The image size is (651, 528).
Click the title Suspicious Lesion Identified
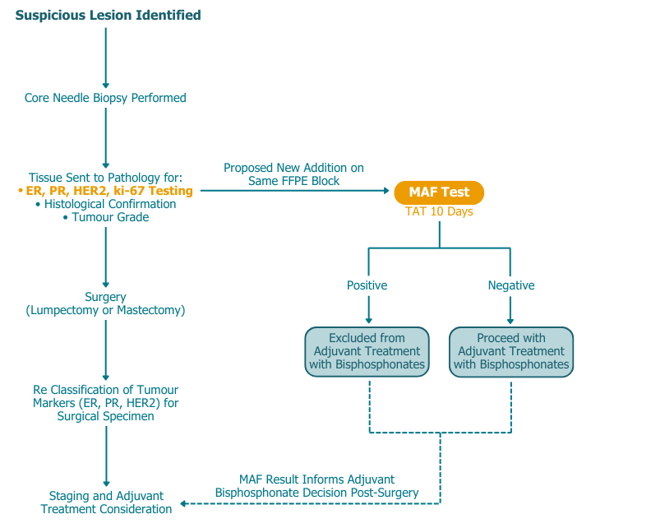click(108, 16)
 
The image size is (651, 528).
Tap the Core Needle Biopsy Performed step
click(105, 98)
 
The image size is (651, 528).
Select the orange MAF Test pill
click(439, 192)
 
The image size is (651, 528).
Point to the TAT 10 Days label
click(439, 211)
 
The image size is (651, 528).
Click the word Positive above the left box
click(367, 285)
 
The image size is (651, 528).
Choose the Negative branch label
click(510, 285)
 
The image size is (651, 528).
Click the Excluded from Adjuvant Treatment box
click(367, 351)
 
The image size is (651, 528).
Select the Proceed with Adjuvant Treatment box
click(510, 351)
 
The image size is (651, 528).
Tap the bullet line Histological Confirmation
click(105, 204)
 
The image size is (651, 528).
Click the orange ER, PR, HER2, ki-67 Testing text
click(105, 191)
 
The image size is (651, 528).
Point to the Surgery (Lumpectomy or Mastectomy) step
click(105, 303)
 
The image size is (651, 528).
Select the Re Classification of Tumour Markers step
click(105, 402)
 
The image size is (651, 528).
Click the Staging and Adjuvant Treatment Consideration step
click(105, 503)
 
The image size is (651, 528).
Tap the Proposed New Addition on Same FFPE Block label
click(293, 174)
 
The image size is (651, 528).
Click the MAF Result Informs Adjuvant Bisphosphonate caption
click(316, 485)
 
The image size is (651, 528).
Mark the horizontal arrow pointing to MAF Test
click(296, 191)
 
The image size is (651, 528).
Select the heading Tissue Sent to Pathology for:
click(105, 178)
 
